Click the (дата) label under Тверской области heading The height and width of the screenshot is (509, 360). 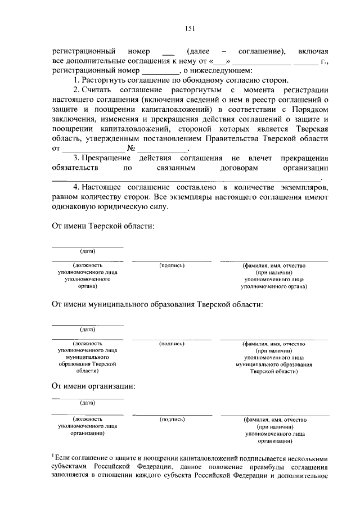coord(87,251)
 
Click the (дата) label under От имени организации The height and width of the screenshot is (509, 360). coord(87,403)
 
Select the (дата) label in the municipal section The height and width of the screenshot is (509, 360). coord(87,329)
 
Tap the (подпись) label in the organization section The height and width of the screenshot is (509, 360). coord(172,419)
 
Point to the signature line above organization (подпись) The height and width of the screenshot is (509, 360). coord(172,415)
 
